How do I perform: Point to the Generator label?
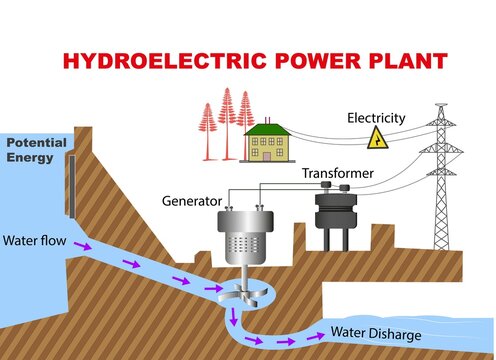(x=191, y=201)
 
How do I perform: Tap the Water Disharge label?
(x=376, y=334)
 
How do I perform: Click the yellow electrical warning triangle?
(x=378, y=138)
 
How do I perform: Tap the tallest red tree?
(x=226, y=119)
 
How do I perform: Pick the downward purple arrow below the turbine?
(x=232, y=319)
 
